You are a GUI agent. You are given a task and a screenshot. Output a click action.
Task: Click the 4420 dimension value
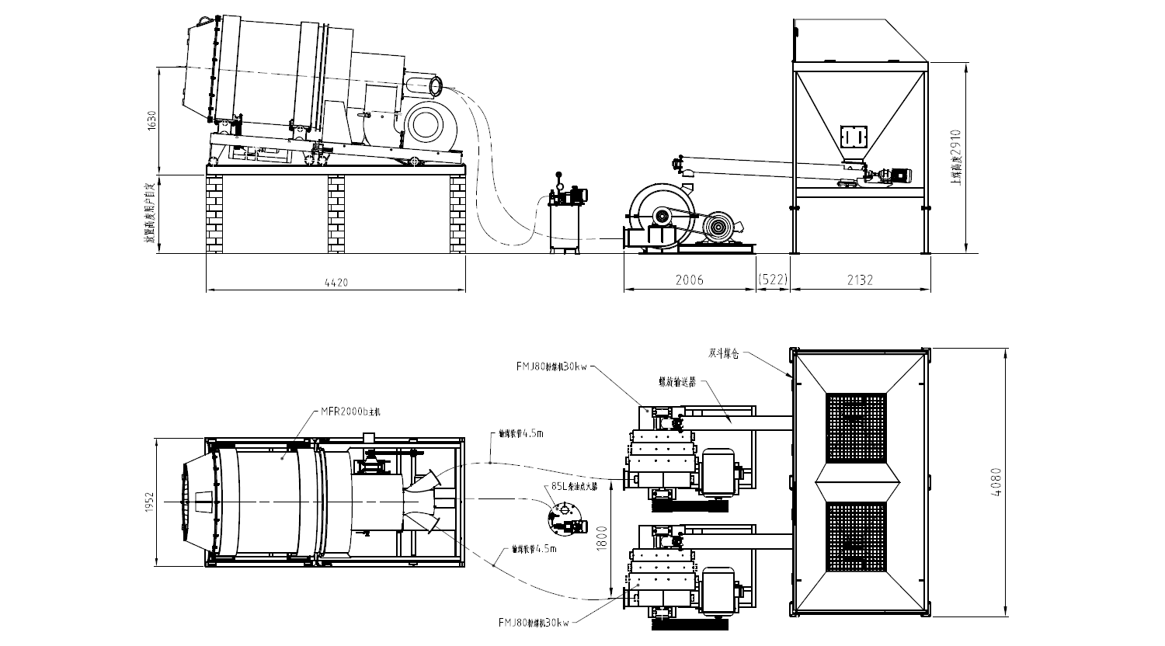(x=337, y=283)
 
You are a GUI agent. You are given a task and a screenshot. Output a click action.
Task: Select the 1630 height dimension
(x=152, y=120)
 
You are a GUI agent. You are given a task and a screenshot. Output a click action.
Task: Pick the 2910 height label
(x=956, y=155)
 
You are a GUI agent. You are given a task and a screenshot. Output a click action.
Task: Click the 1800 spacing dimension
(x=601, y=536)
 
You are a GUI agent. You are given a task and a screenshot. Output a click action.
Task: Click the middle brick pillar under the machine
(x=336, y=214)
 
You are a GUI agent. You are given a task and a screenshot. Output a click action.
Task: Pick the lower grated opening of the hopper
(x=856, y=537)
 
